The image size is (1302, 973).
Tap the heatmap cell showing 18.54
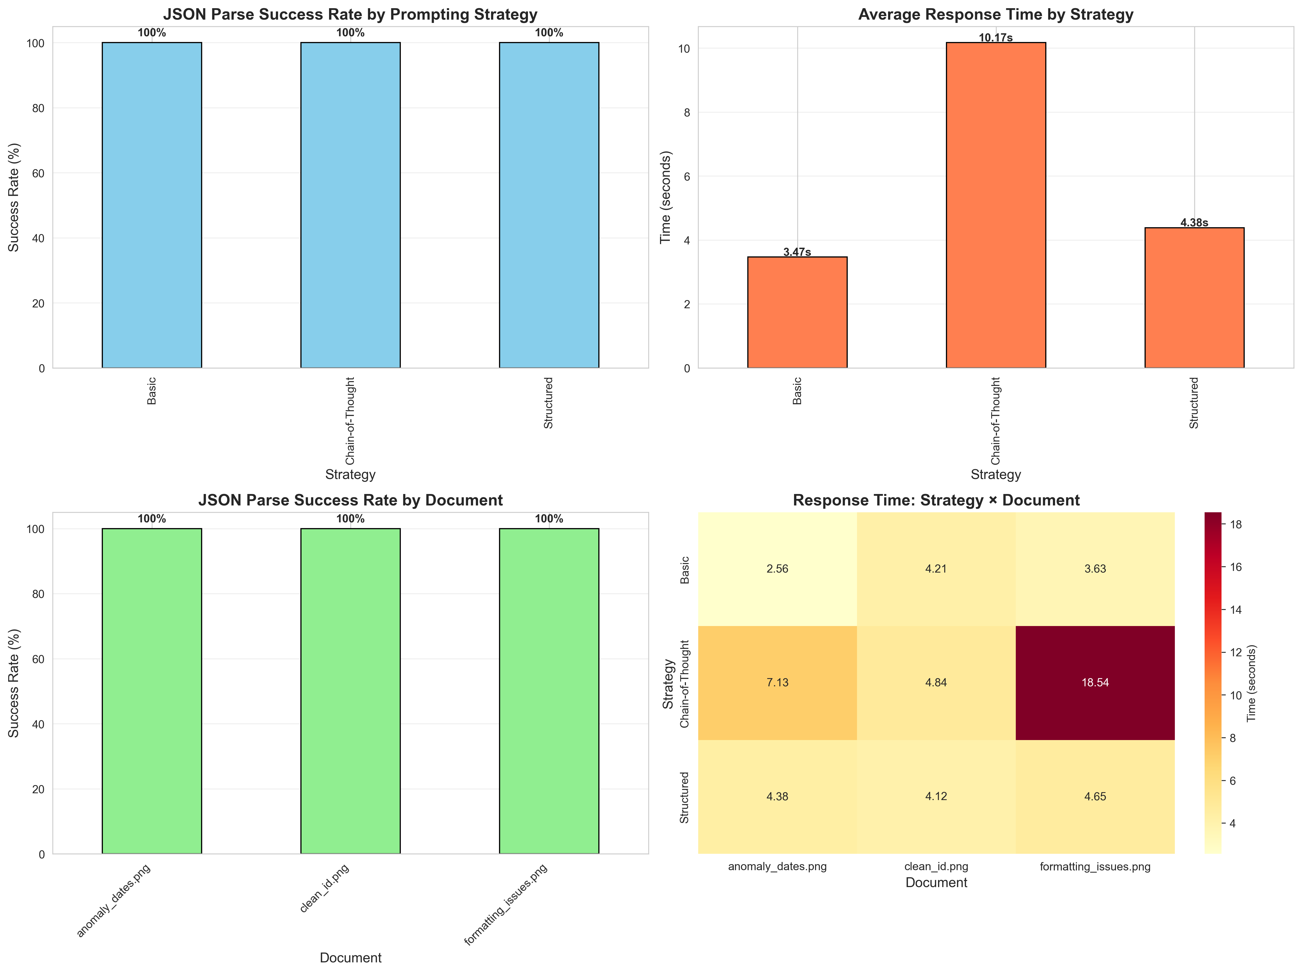click(1095, 683)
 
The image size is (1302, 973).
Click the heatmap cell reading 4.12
click(936, 797)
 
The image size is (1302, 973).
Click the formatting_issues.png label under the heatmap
click(1095, 866)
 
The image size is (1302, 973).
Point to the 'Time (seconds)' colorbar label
click(1251, 683)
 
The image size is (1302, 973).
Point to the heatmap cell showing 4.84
click(936, 683)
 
